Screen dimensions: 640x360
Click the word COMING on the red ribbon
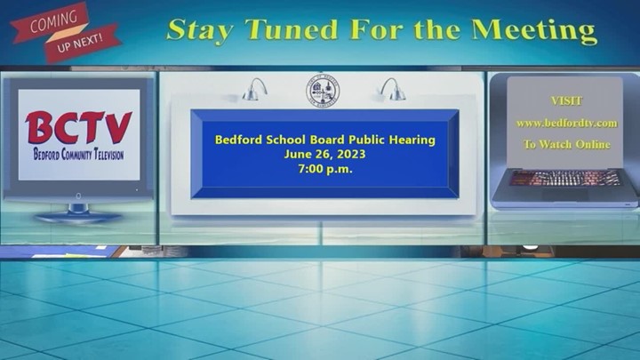tap(54, 21)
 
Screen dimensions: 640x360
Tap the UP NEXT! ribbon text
tap(80, 43)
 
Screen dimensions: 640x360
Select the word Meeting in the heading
tap(534, 31)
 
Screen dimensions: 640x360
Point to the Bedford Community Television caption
tap(78, 155)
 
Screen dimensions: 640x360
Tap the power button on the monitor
tap(78, 196)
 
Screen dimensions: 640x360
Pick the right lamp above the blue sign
tap(393, 90)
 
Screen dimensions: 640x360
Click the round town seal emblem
tap(323, 91)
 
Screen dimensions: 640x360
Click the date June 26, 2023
tap(325, 155)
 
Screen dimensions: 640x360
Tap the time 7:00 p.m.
tap(325, 169)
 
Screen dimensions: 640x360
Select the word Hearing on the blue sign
tap(412, 140)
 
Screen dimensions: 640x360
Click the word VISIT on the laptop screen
tap(566, 100)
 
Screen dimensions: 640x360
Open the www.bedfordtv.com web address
tap(566, 123)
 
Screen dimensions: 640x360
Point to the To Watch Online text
tap(566, 145)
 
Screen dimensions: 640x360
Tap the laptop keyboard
tap(566, 178)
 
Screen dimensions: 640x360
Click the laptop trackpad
tap(565, 195)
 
